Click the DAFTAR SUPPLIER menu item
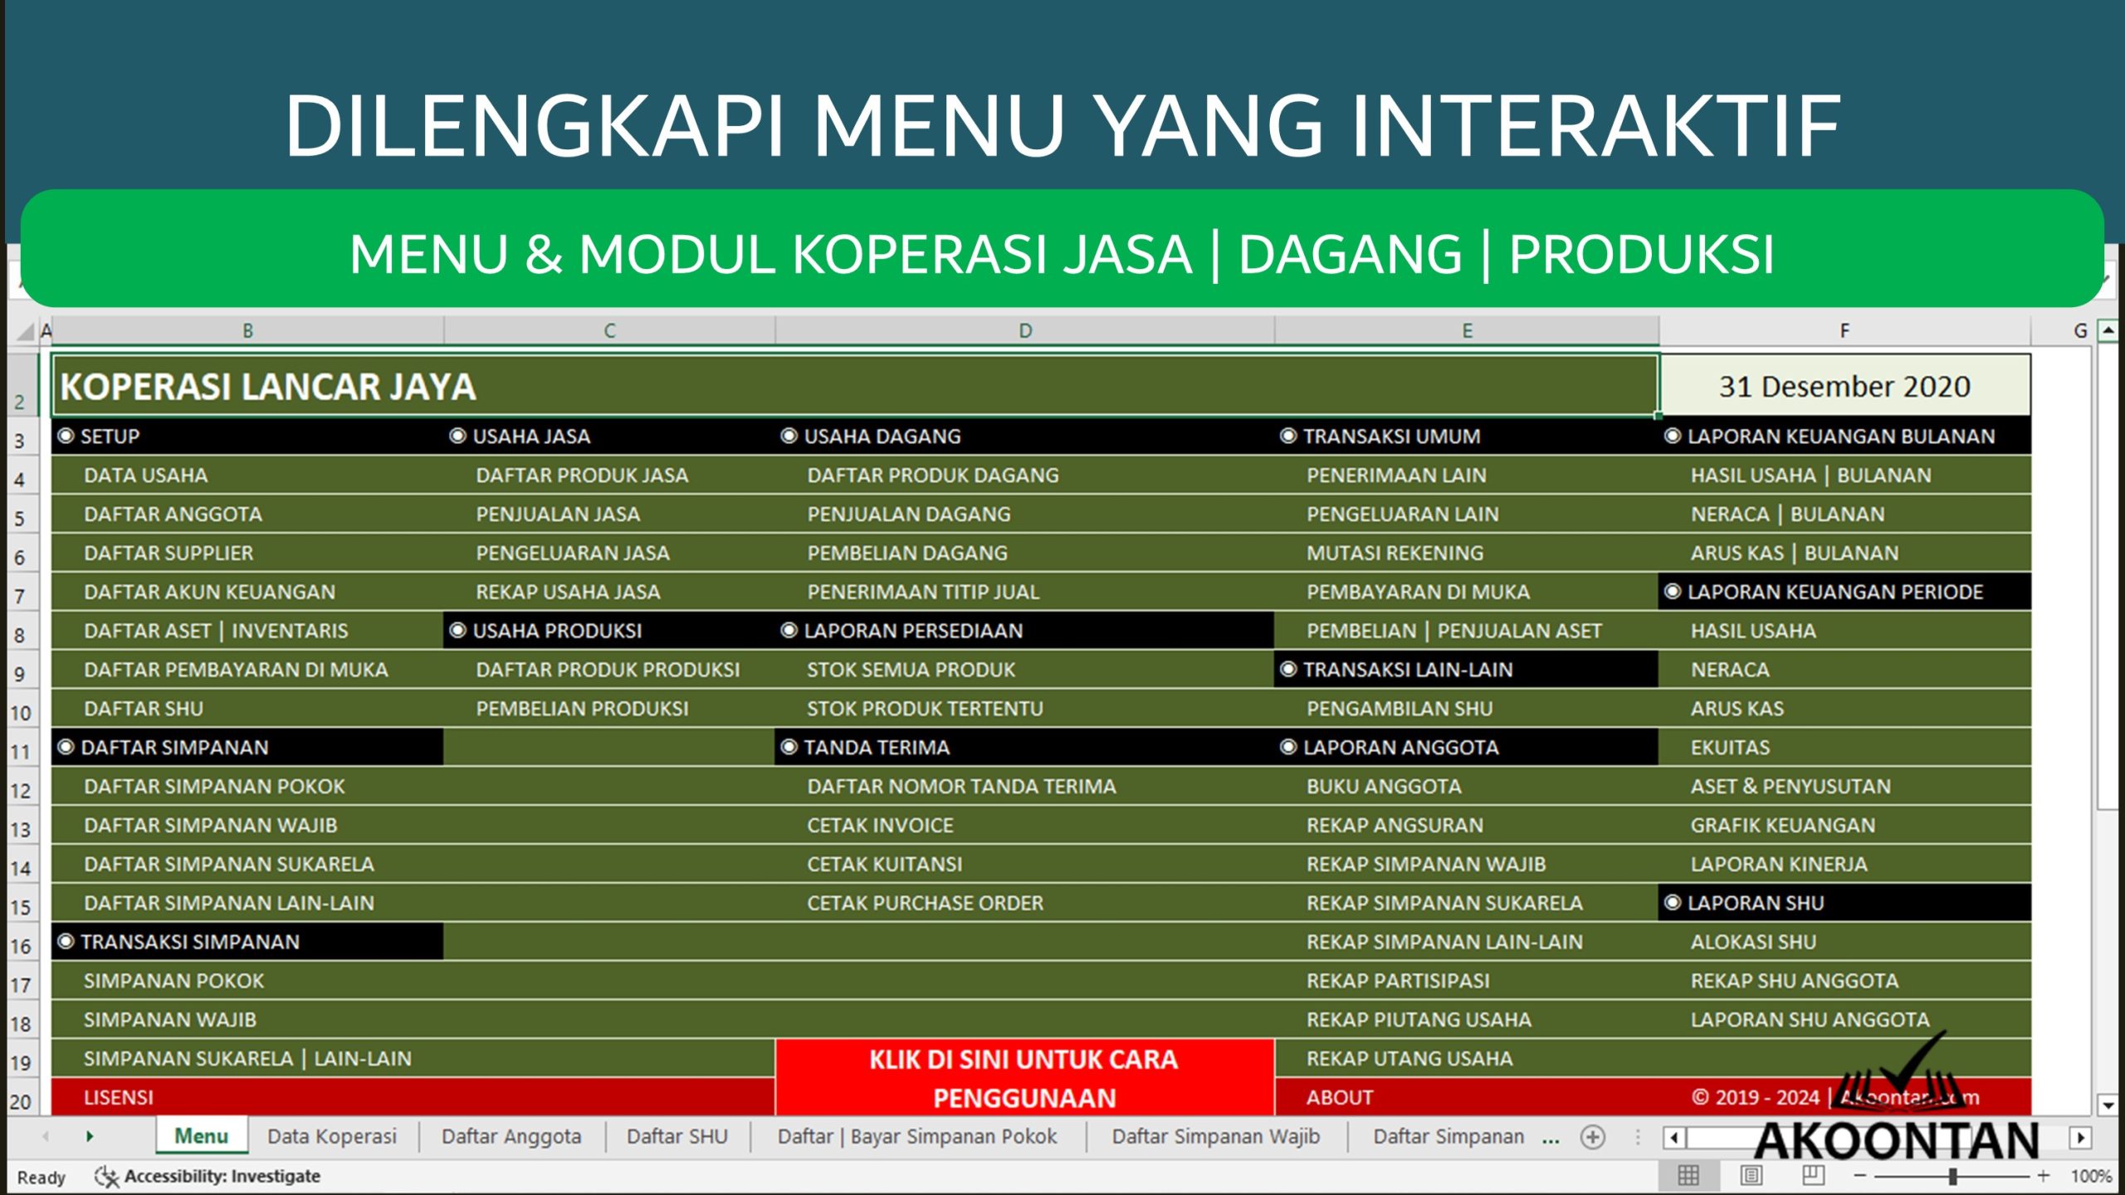pyautogui.click(x=169, y=553)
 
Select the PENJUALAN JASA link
pyautogui.click(x=558, y=514)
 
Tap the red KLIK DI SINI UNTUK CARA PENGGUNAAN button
pyautogui.click(x=1023, y=1077)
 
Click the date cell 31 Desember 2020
pyautogui.click(x=1844, y=387)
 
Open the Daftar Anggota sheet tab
pyautogui.click(x=511, y=1136)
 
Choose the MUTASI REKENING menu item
pyautogui.click(x=1395, y=553)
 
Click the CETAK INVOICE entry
pyautogui.click(x=880, y=825)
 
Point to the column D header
pyautogui.click(x=1025, y=331)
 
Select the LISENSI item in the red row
pyautogui.click(x=119, y=1097)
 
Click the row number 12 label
pyautogui.click(x=20, y=790)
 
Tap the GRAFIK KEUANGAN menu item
pyautogui.click(x=1782, y=825)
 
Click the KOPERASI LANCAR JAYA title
pyautogui.click(x=268, y=387)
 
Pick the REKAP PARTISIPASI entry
pyautogui.click(x=1398, y=980)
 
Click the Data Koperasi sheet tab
pyautogui.click(x=332, y=1136)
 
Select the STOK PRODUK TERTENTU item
pyautogui.click(x=925, y=709)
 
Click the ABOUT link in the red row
pyautogui.click(x=1339, y=1097)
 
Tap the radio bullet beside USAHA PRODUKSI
pyautogui.click(x=457, y=630)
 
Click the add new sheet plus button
pyautogui.click(x=1592, y=1137)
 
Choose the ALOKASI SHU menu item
pyautogui.click(x=1753, y=942)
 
